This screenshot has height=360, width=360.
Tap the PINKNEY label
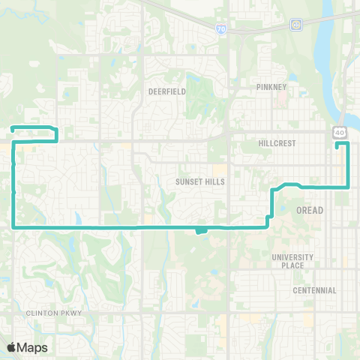coord(271,87)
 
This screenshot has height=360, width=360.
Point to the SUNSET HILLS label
coord(200,181)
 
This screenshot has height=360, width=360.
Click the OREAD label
coord(310,210)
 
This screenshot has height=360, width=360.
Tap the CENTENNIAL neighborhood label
coord(315,290)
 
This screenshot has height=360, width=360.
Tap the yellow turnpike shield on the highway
coord(297,25)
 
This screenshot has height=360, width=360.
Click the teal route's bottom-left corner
coord(14,226)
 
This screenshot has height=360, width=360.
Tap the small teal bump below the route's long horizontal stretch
coord(201,230)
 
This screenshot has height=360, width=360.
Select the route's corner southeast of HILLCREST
coord(347,185)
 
